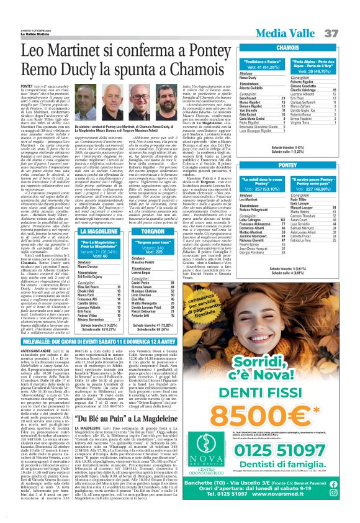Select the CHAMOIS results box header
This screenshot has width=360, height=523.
pyautogui.click(x=288, y=47)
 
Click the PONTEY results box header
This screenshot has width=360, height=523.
pyautogui.click(x=288, y=166)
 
